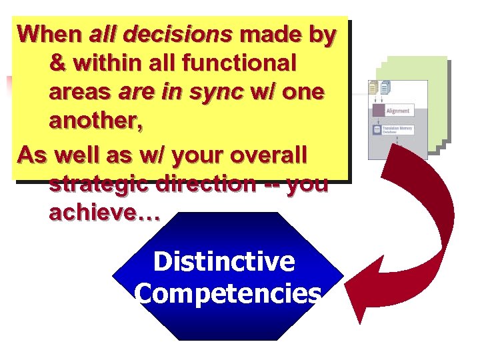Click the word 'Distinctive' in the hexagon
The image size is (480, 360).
pos(224,262)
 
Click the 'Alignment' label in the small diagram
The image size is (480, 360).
pos(399,111)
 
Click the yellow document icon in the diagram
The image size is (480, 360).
pos(373,87)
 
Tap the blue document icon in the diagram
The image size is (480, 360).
pos(385,87)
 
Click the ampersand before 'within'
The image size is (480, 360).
pos(58,63)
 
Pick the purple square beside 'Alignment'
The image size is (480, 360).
pos(378,111)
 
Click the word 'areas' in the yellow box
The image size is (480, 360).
pos(79,93)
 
